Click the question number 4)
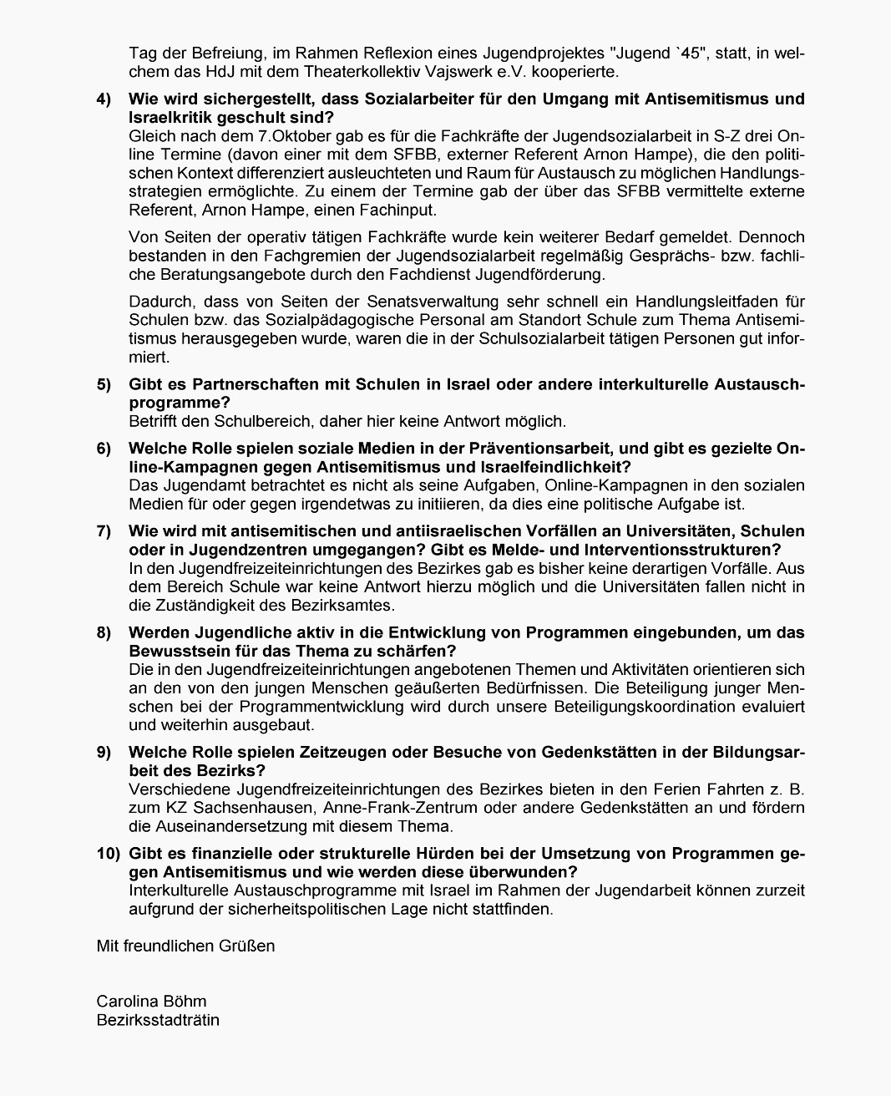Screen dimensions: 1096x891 [104, 99]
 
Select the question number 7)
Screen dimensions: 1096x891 [104, 531]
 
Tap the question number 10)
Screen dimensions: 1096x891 [108, 854]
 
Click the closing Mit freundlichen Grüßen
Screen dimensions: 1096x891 [185, 946]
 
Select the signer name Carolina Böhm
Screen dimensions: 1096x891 [151, 1001]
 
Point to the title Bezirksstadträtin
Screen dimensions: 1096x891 [158, 1019]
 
